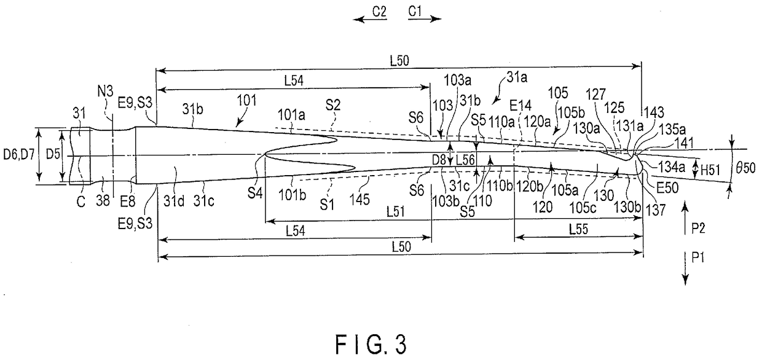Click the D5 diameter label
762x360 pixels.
tap(53, 151)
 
